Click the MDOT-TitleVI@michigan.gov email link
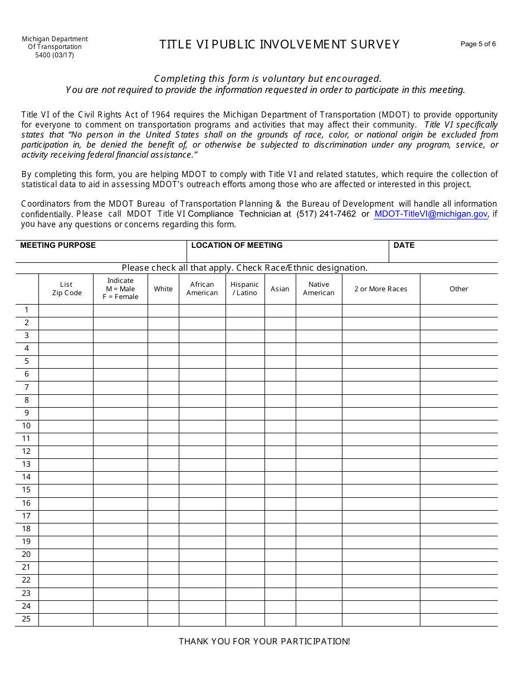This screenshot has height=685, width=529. click(x=430, y=214)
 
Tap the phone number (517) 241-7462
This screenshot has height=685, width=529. click(x=326, y=214)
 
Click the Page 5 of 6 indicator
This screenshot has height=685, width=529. click(x=478, y=44)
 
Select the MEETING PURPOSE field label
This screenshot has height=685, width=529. click(x=58, y=246)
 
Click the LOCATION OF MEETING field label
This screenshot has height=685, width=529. click(x=237, y=246)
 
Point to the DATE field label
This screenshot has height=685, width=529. click(x=404, y=246)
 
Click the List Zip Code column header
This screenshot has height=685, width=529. click(x=66, y=288)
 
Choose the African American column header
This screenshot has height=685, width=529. click(x=202, y=288)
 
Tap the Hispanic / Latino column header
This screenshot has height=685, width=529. click(x=245, y=288)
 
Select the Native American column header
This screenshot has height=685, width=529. click(x=319, y=288)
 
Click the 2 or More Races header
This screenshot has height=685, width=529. click(x=381, y=289)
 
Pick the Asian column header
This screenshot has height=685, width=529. click(x=280, y=289)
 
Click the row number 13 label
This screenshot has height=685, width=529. click(x=26, y=464)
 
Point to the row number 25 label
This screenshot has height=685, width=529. click(x=26, y=619)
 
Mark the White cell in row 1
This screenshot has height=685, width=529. click(x=163, y=310)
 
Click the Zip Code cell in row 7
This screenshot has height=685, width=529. click(x=66, y=388)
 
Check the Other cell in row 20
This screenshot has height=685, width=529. click(x=459, y=555)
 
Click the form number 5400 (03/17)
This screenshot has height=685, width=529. click(x=55, y=55)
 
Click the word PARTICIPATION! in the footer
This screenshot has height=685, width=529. click(x=317, y=642)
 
